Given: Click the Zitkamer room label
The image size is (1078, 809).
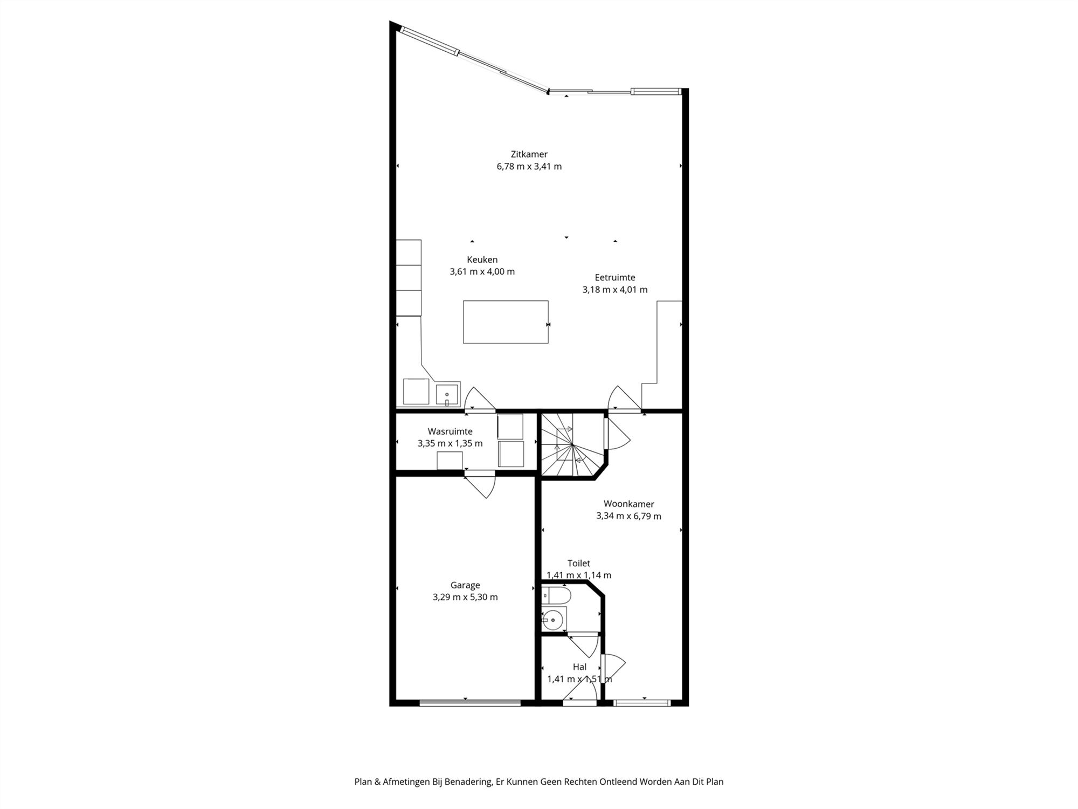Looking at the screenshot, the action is pyautogui.click(x=529, y=154).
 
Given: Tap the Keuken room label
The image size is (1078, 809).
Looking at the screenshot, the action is pyautogui.click(x=482, y=259).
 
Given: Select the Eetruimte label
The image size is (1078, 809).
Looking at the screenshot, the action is pyautogui.click(x=614, y=277).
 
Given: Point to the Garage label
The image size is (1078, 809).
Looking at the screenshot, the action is pyautogui.click(x=465, y=585).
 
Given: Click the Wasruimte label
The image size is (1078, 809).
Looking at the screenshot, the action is pyautogui.click(x=450, y=431).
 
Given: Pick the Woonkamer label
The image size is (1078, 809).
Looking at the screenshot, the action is pyautogui.click(x=628, y=504).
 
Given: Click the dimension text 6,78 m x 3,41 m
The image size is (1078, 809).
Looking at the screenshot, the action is pyautogui.click(x=529, y=166).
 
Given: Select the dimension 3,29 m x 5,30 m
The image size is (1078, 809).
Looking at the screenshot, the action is pyautogui.click(x=465, y=597).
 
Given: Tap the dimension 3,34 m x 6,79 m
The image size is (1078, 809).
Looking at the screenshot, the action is pyautogui.click(x=628, y=516).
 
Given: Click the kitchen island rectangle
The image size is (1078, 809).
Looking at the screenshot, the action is pyautogui.click(x=506, y=322).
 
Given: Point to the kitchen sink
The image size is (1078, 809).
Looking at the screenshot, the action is pyautogui.click(x=447, y=394).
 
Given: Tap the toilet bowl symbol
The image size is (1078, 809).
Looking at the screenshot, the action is pyautogui.click(x=556, y=596).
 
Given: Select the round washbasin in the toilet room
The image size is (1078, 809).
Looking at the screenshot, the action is pyautogui.click(x=551, y=620).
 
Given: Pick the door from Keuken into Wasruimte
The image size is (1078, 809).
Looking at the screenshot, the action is pyautogui.click(x=480, y=400).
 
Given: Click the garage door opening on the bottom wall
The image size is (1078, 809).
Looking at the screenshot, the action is pyautogui.click(x=470, y=702).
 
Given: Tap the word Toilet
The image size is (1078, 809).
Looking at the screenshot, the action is pyautogui.click(x=578, y=563).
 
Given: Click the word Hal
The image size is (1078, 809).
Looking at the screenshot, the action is pyautogui.click(x=579, y=667).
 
